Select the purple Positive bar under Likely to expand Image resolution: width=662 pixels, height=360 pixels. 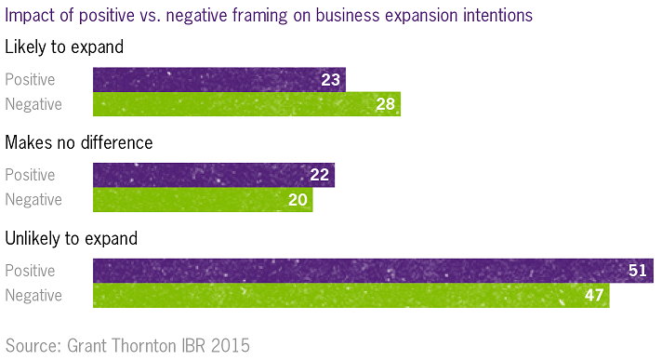218,80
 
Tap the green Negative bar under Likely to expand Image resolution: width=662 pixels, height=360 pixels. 246,104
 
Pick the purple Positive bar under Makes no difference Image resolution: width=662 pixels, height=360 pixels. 213,176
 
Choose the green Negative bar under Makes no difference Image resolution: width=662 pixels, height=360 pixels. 203,199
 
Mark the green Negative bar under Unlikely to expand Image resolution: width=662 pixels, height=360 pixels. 351,296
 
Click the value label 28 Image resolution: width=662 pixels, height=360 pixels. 385,104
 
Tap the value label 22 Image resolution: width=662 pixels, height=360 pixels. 320,176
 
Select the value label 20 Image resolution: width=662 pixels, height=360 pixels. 298,199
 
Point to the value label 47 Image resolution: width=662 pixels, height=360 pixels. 594,296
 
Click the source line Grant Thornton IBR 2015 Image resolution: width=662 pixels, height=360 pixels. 127,345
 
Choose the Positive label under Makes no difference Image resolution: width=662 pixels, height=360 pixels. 30,176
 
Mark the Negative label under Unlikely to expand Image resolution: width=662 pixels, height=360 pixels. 33,296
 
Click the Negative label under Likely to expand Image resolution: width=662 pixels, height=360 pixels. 33,104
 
